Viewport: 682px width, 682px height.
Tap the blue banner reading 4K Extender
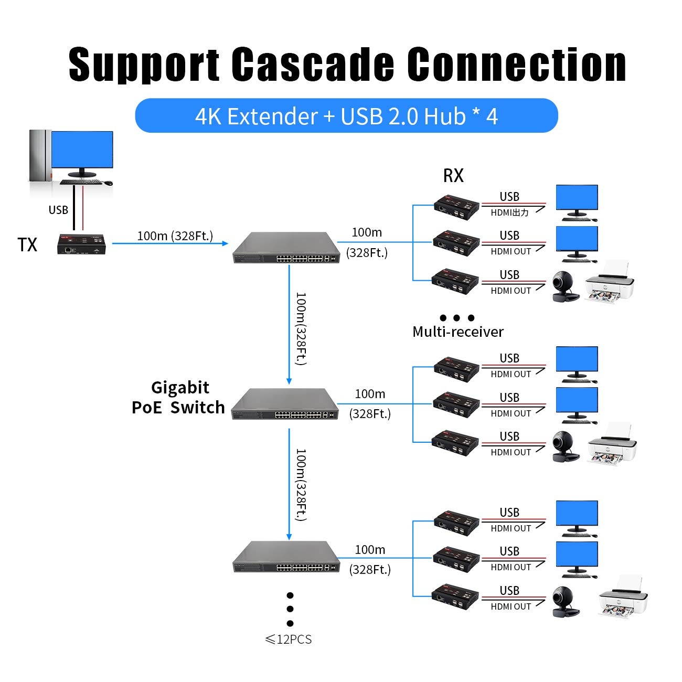346,116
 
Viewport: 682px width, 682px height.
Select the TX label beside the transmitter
27,245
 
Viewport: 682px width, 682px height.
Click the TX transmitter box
83,244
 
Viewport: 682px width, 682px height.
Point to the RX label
453,176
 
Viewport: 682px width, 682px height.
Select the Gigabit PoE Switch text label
178,398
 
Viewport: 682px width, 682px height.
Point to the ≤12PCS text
288,640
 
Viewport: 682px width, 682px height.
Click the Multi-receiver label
457,332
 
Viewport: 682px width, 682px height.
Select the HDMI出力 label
509,212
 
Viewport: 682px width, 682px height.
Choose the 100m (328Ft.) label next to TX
175,236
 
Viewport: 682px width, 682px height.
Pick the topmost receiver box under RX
456,206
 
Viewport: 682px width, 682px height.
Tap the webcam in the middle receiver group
565,447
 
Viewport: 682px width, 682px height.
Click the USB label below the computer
58,210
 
